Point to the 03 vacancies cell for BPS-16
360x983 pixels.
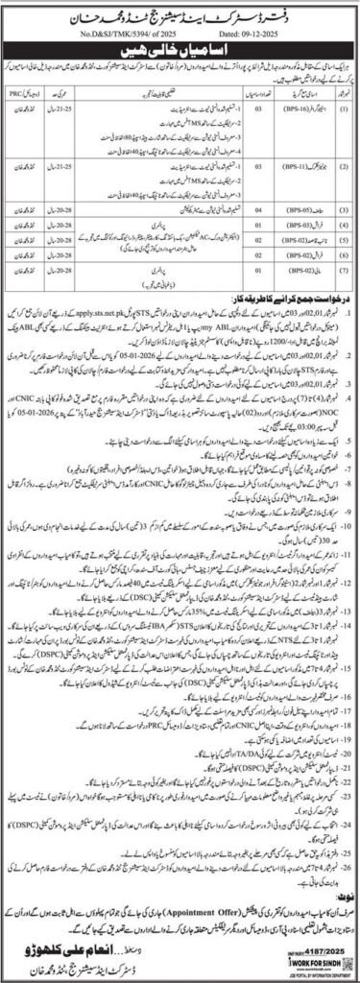click(x=248, y=123)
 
